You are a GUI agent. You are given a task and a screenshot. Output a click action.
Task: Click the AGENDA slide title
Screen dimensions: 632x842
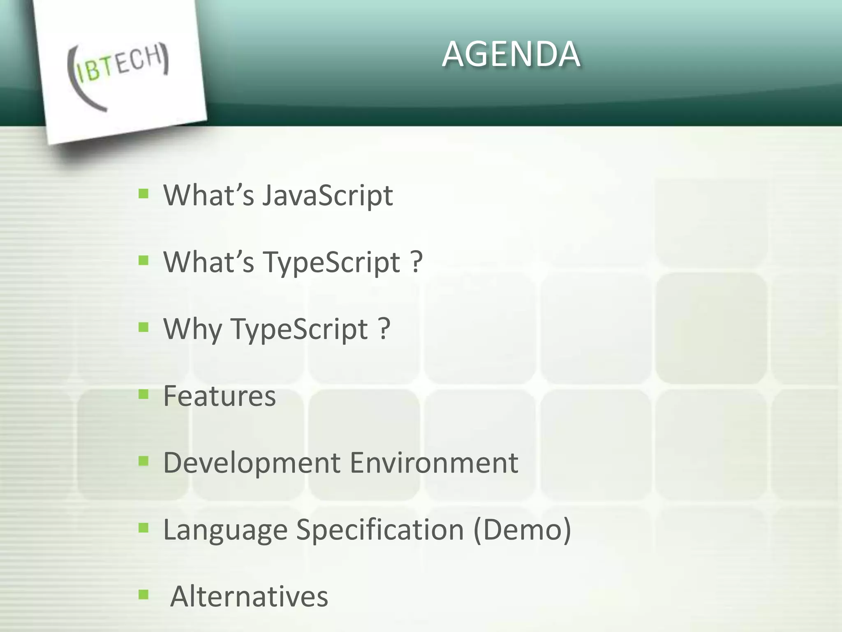(x=511, y=54)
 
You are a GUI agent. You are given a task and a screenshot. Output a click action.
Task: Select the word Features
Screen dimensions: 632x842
(x=220, y=396)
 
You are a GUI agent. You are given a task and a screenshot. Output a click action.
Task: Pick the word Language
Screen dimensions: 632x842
(x=225, y=530)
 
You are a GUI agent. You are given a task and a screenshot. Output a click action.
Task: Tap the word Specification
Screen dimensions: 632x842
(x=380, y=530)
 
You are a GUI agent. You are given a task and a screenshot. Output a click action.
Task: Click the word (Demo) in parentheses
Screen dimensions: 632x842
(x=522, y=530)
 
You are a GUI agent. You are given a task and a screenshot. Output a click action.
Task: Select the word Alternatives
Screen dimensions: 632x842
(x=249, y=597)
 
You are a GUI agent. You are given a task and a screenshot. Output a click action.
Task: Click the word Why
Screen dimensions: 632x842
(x=193, y=329)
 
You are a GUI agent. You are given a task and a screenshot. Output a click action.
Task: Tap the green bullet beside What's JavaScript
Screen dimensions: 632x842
(x=143, y=194)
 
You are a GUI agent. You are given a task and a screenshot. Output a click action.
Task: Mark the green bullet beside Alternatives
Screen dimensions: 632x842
(x=143, y=595)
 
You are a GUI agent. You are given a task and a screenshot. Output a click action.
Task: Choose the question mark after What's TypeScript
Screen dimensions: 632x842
(x=416, y=262)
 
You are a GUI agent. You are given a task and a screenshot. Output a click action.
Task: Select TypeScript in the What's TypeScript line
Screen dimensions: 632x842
(x=332, y=263)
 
